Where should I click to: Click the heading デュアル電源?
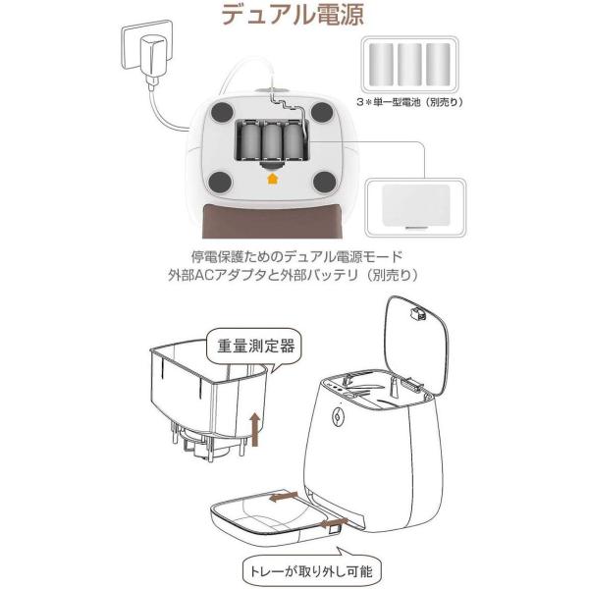[x=294, y=18]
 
